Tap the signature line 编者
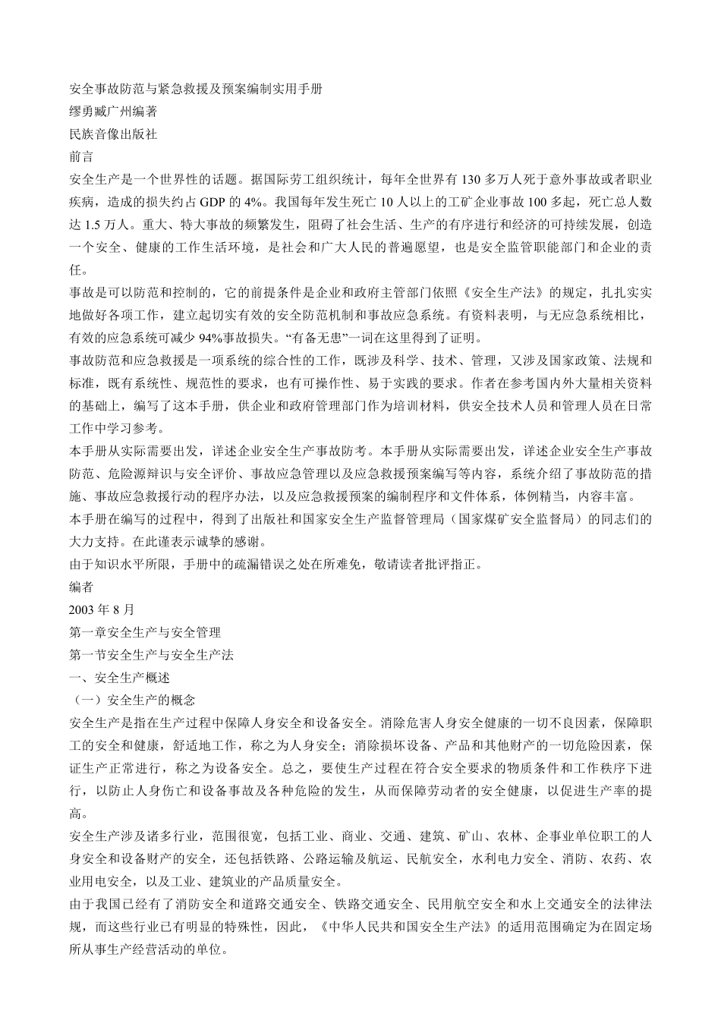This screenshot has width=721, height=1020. [x=81, y=587]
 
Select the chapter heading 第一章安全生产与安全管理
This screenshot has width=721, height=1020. [x=145, y=632]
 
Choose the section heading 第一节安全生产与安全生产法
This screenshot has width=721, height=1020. [x=151, y=655]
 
